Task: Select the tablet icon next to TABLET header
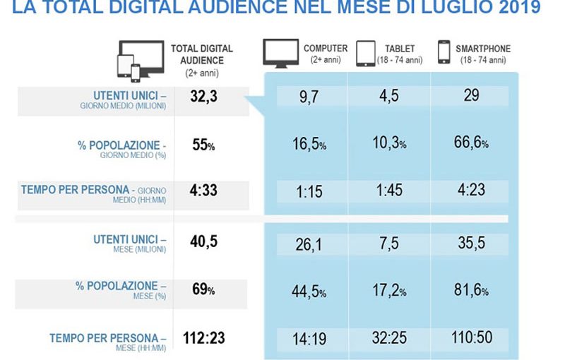tap(366, 53)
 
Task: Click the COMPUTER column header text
tap(326, 49)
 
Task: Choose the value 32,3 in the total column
tap(203, 97)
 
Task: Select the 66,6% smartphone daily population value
tap(471, 144)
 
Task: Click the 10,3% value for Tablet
tap(389, 144)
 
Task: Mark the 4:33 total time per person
tap(204, 191)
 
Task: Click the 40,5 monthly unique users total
tap(203, 241)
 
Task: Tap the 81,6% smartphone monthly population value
tap(471, 291)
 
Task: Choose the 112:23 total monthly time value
tap(203, 338)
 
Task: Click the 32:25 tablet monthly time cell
tap(389, 338)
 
